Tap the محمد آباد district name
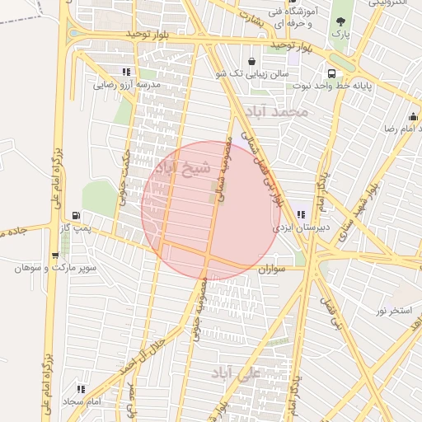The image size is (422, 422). pos(281,110)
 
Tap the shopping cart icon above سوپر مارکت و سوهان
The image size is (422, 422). pos(55,256)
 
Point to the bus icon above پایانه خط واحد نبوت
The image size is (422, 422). pos(330,73)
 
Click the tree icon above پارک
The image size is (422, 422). pos(340,21)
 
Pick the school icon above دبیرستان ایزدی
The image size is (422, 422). pos(300,214)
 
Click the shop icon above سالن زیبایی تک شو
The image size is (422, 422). pos(251,61)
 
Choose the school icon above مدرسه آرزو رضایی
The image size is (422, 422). pos(125,73)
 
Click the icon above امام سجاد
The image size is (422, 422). pos(81,388)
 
